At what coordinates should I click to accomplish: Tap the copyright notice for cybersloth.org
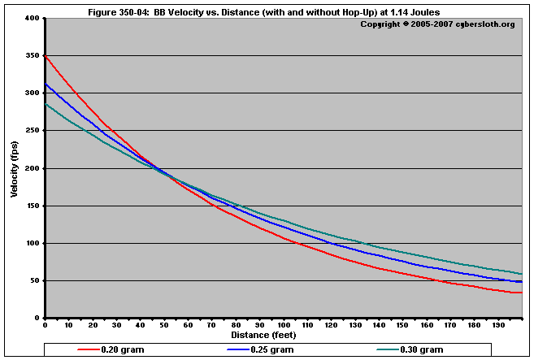point(437,24)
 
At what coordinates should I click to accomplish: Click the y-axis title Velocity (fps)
point(14,168)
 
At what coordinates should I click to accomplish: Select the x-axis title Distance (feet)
point(263,335)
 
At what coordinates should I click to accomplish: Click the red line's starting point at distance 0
point(46,55)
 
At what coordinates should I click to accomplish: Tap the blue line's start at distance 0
point(46,84)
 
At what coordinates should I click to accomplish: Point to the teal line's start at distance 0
point(46,104)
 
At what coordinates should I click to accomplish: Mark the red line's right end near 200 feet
point(521,293)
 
